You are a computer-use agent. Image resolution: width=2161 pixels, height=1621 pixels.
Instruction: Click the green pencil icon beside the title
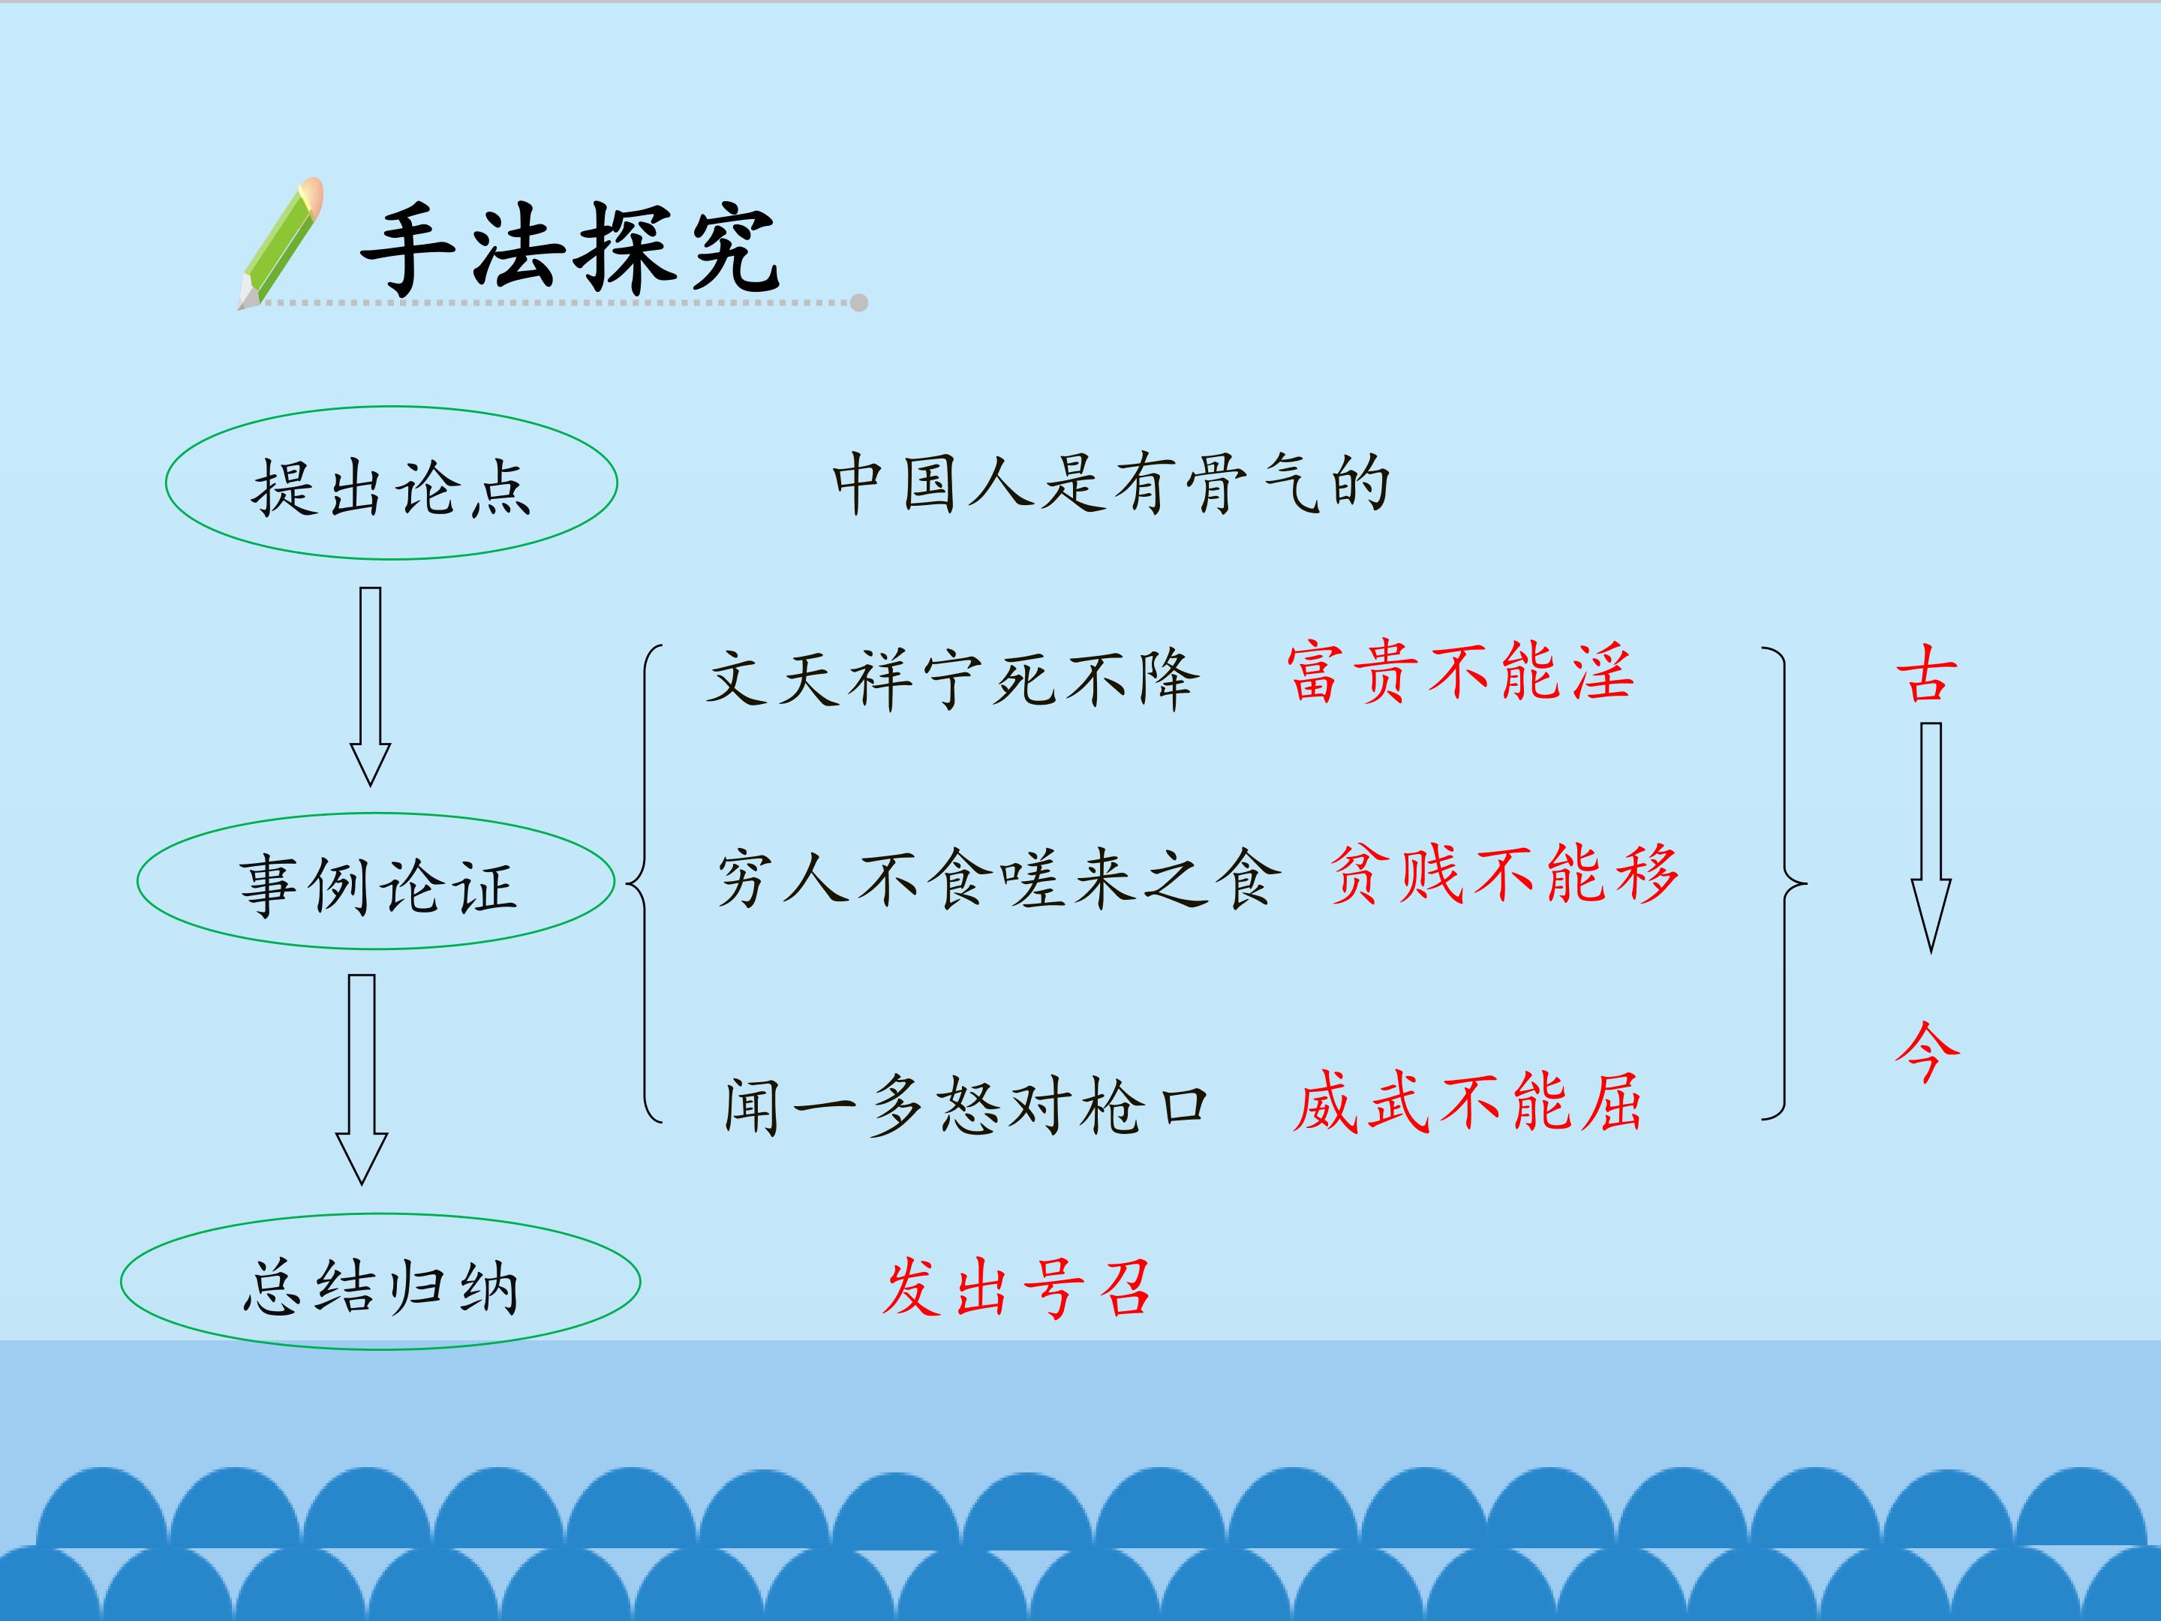[281, 244]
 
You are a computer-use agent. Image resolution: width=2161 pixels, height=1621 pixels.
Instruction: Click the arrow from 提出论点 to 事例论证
[370, 687]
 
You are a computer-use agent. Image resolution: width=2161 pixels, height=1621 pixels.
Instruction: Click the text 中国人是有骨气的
[1111, 483]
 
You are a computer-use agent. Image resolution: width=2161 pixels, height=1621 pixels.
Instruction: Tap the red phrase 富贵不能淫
[1459, 673]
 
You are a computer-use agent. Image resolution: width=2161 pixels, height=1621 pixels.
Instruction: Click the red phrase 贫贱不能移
[1504, 874]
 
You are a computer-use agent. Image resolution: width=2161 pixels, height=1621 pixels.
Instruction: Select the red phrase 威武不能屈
[1468, 1102]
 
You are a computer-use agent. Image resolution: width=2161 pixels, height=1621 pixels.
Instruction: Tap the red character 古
[1928, 674]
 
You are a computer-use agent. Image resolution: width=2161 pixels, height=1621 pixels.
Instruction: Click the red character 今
[1928, 1051]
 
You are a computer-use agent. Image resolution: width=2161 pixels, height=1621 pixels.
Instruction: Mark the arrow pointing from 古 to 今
[1931, 838]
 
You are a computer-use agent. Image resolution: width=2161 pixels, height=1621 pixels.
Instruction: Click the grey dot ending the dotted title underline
[858, 303]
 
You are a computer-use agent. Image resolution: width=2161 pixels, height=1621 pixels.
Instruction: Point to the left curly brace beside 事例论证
[644, 883]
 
